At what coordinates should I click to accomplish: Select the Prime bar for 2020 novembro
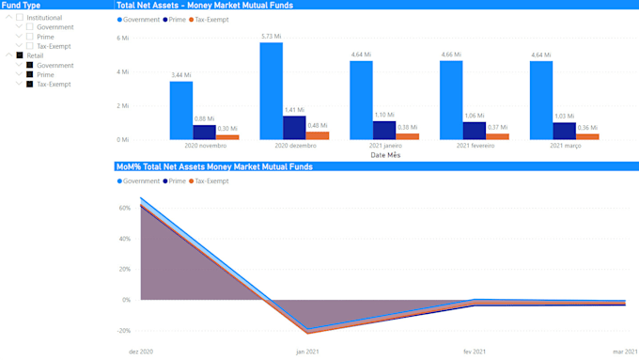(204, 132)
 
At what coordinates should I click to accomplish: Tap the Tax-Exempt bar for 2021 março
(587, 136)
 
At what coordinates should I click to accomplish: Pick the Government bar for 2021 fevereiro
(451, 101)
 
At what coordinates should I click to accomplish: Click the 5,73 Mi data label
(271, 36)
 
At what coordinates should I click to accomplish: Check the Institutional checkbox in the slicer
(20, 18)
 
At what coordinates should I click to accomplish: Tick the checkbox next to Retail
(20, 55)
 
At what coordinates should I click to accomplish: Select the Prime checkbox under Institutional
(29, 37)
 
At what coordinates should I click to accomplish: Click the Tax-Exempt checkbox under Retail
(29, 84)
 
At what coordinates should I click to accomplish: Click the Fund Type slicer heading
(21, 6)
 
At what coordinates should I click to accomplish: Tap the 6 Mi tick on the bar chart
(122, 38)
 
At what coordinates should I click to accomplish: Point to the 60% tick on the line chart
(123, 208)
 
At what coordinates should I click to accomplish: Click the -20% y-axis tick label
(122, 331)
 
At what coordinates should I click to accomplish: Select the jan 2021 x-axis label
(307, 352)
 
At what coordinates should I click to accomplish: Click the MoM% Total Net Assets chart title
(214, 166)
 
